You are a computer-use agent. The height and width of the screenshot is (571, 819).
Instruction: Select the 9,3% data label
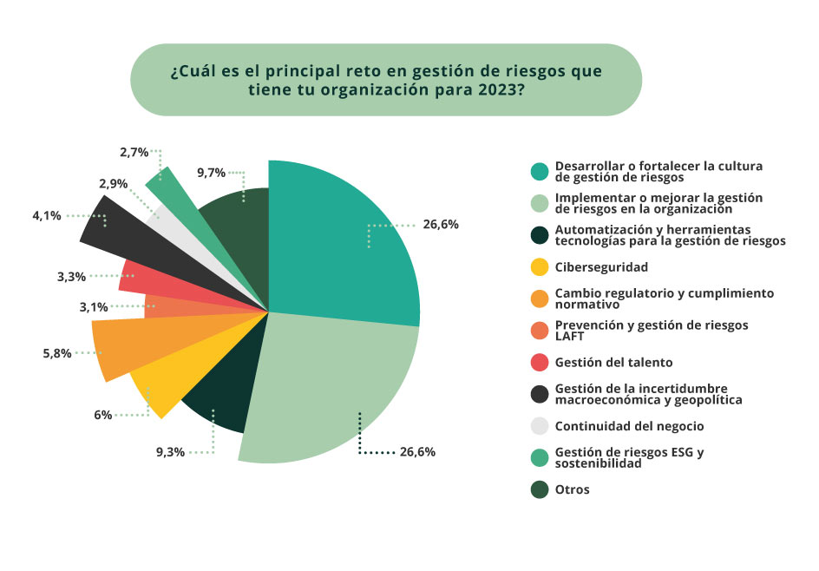[x=171, y=452]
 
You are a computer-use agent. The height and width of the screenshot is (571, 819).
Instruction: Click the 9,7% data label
[x=212, y=173]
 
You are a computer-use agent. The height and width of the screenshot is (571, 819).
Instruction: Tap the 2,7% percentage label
[x=134, y=152]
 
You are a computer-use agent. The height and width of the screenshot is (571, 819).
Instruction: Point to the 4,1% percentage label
[x=47, y=215]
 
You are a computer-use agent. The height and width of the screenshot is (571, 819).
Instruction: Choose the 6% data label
[x=103, y=415]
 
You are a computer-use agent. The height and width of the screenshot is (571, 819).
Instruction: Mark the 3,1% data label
[x=94, y=306]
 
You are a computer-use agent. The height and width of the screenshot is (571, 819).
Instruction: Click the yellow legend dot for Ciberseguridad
[x=540, y=267]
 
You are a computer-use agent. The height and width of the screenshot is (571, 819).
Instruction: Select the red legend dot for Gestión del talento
[x=540, y=362]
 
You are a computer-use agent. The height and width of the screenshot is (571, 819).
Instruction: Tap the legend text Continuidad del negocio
[x=629, y=426]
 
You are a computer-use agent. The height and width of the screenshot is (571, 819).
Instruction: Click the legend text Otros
[x=572, y=489]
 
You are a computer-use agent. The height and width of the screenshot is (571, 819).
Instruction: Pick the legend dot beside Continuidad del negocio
[x=540, y=426]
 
